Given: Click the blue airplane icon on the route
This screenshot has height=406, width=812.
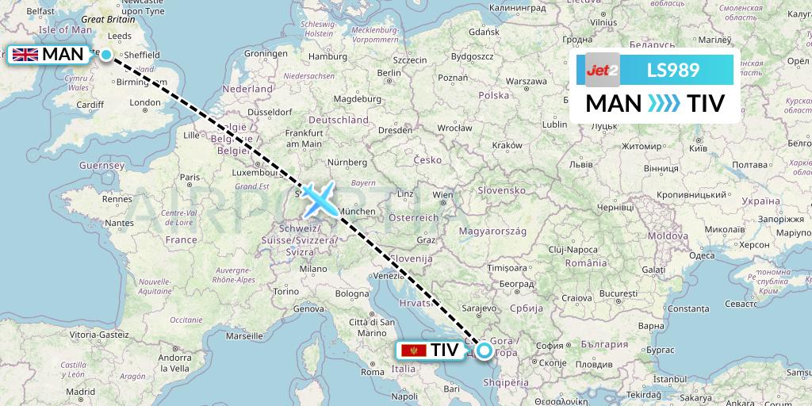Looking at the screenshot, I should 319,198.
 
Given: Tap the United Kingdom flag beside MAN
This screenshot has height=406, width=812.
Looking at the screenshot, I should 25,55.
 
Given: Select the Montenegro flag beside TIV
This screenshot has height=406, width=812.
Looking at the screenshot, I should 413,350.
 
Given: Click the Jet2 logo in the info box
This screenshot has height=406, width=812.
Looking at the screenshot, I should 602,70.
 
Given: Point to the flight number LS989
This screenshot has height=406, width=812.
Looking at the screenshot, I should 672,70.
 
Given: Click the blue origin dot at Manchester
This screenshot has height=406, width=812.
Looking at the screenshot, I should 105,55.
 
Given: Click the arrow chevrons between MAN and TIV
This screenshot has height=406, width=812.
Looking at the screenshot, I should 664,103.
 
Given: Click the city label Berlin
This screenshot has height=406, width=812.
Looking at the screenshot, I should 388,73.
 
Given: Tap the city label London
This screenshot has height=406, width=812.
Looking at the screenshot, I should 145,102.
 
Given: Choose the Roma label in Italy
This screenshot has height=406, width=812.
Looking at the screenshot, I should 372,372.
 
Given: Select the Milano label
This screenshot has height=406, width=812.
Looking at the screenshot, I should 313,269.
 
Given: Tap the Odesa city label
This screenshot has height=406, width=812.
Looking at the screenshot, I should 702,255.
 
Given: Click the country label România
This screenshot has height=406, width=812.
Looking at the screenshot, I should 586,262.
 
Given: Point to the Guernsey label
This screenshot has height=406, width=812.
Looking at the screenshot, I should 102,166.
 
